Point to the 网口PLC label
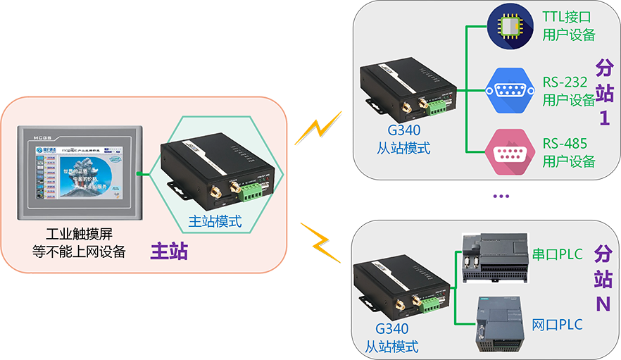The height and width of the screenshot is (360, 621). pos(558,325)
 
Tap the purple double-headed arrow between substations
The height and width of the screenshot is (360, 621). pos(501,198)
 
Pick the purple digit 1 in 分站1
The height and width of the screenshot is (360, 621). pos(603,117)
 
